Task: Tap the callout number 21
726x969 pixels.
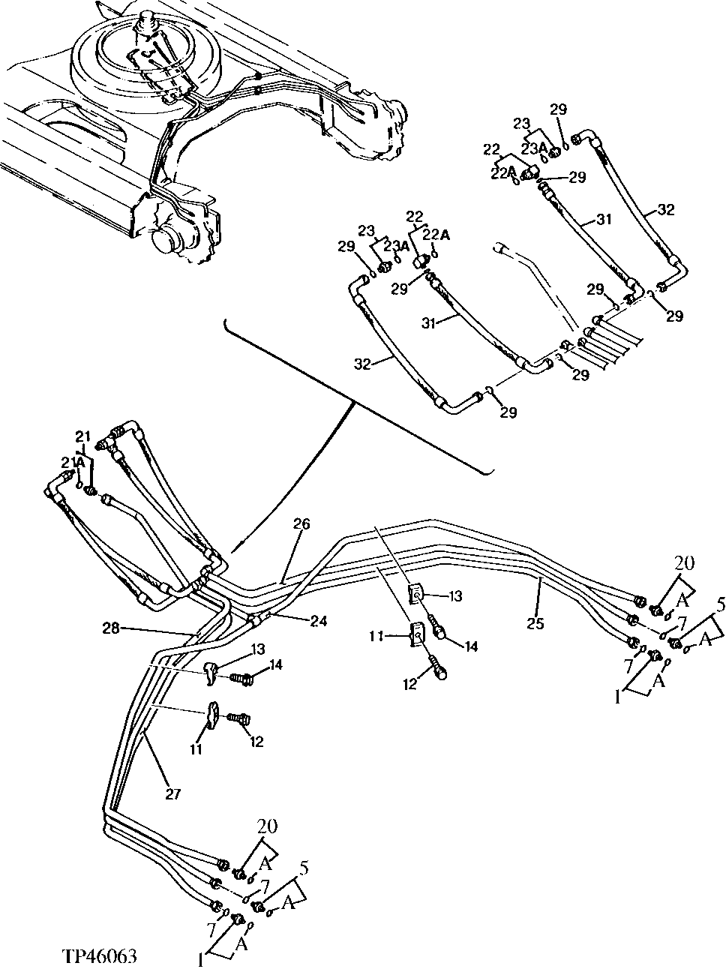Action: click(x=82, y=436)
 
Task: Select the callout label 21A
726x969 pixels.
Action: click(x=73, y=463)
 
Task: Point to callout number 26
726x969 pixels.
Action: click(x=301, y=524)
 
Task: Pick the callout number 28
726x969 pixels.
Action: click(x=111, y=628)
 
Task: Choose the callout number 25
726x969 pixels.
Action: click(x=535, y=623)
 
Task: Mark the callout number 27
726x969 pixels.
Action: click(x=173, y=793)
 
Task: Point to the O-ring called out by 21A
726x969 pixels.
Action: click(x=79, y=485)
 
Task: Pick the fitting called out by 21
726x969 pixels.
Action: click(x=91, y=490)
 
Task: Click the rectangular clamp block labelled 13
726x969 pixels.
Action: click(x=415, y=594)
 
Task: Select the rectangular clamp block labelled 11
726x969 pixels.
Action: click(x=415, y=634)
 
